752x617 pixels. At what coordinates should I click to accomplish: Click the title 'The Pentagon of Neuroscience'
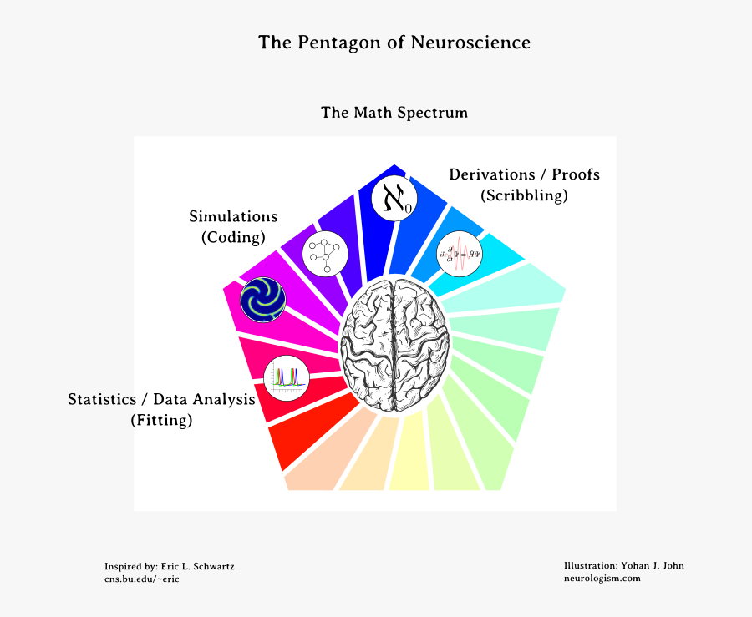[394, 43]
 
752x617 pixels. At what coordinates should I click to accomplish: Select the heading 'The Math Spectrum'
[394, 112]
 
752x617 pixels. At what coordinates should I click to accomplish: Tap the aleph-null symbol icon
[394, 198]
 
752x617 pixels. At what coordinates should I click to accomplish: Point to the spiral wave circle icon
[263, 300]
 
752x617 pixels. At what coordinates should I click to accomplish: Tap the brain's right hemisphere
[422, 343]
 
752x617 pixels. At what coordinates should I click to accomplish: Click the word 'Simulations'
[233, 217]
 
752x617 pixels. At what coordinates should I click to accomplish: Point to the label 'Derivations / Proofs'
[524, 174]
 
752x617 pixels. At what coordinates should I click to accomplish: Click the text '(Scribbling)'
[524, 195]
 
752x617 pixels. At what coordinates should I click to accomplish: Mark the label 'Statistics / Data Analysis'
[161, 400]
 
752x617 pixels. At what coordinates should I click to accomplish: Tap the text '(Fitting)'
[161, 421]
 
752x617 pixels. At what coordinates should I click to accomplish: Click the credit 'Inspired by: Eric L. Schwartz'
[169, 566]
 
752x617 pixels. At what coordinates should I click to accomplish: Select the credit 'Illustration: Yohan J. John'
[623, 565]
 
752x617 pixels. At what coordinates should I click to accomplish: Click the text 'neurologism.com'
[602, 579]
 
